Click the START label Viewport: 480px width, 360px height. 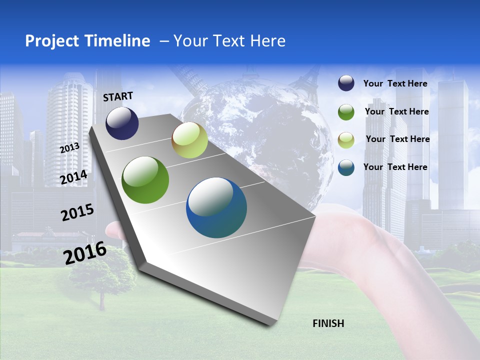point(118,96)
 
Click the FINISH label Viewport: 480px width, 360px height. point(328,323)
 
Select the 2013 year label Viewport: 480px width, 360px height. point(69,147)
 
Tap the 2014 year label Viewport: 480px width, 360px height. point(74,177)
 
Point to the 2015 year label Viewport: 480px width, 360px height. point(77,212)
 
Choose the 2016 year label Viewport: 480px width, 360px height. point(85,253)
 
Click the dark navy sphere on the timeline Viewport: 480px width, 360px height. point(122,123)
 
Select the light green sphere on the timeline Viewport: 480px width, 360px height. point(189,140)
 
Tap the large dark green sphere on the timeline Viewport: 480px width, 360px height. point(145,180)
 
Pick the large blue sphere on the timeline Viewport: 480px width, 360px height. point(216,207)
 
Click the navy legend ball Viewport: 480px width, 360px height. point(346,83)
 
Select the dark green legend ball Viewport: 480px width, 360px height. point(346,111)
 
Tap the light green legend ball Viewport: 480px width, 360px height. point(346,139)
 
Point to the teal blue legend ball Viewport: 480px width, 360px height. point(346,167)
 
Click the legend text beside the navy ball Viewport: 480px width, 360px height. point(395,83)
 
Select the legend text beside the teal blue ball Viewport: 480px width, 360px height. point(395,167)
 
